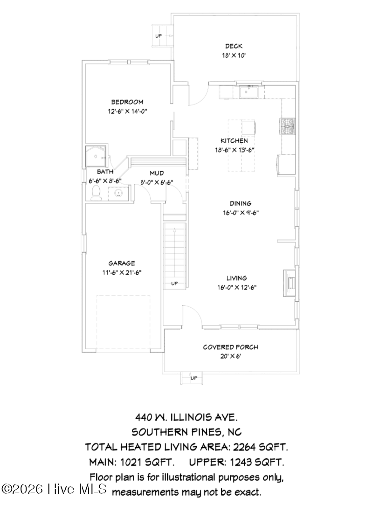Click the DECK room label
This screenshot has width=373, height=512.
click(x=234, y=46)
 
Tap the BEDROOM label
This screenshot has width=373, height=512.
click(x=127, y=102)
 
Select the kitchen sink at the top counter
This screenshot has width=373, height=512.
click(x=249, y=92)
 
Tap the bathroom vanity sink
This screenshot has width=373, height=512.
click(x=117, y=193)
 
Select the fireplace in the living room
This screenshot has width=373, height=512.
click(x=290, y=282)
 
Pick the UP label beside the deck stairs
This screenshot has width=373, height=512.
click(x=159, y=36)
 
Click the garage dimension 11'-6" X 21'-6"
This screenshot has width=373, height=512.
click(x=122, y=273)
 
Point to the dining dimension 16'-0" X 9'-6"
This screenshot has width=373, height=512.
click(x=241, y=213)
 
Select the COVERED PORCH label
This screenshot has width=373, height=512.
click(x=230, y=347)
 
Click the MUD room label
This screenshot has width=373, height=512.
click(x=157, y=173)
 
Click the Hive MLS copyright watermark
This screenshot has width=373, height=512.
click(x=55, y=489)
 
